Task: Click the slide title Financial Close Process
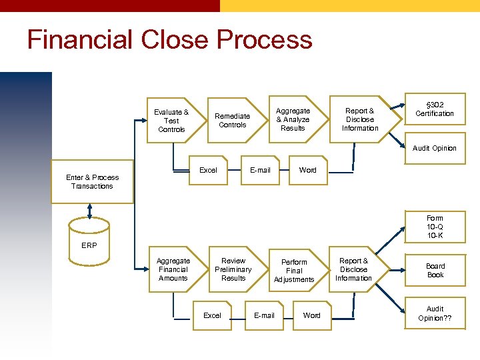169,40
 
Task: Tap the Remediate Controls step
232,120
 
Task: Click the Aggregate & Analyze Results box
293,119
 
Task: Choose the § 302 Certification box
435,109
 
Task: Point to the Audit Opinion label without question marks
435,148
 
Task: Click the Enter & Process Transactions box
93,181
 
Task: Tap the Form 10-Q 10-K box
435,227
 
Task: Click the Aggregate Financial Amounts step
173,269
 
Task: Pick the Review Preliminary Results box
233,269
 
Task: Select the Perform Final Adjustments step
294,271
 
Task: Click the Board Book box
435,270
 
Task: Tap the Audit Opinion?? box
435,313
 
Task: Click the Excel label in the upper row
209,170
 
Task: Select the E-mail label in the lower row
264,315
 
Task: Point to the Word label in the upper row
308,170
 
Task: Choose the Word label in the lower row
311,315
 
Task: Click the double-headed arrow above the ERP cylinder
89,210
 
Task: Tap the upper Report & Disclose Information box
360,119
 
